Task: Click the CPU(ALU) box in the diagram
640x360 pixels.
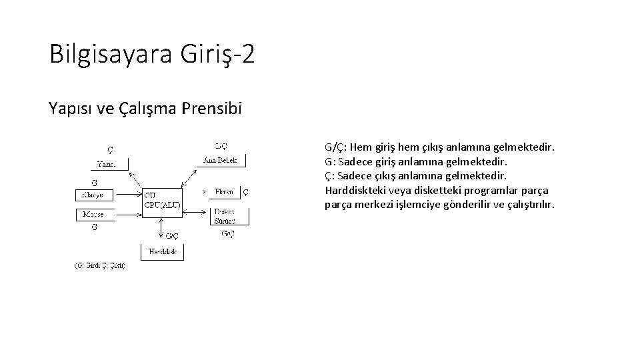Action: (162, 200)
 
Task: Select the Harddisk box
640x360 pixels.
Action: (162, 252)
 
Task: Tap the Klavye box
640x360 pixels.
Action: (94, 195)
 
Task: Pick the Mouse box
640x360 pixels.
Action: (94, 214)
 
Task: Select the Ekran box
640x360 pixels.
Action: (224, 192)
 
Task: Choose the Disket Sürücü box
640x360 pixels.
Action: (224, 215)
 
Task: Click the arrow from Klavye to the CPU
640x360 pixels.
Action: (127, 195)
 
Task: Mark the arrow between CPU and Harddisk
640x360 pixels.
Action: (162, 227)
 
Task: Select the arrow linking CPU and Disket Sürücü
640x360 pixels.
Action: (197, 211)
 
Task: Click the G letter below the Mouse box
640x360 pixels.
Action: (95, 227)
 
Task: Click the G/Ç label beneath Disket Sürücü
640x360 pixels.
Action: (227, 233)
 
